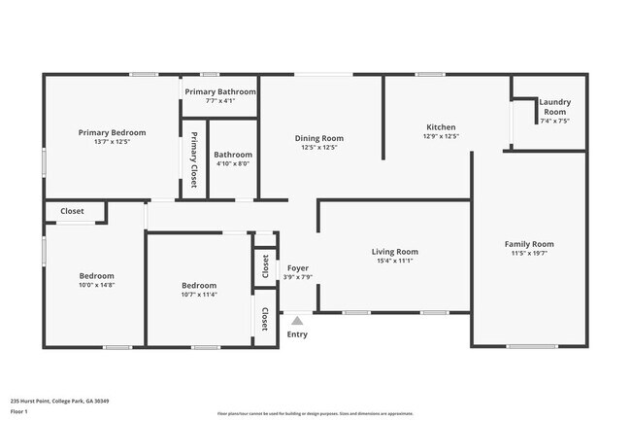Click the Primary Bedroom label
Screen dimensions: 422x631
(x=113, y=132)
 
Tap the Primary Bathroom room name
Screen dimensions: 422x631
(x=220, y=91)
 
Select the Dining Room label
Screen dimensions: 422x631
(x=319, y=138)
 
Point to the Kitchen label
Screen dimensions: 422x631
(x=441, y=127)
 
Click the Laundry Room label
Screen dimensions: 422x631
(x=554, y=107)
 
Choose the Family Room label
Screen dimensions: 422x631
(x=529, y=244)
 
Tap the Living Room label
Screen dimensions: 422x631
(x=394, y=251)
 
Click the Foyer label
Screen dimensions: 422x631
(x=297, y=267)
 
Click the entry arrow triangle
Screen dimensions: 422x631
(x=297, y=318)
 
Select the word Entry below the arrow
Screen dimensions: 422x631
(x=297, y=334)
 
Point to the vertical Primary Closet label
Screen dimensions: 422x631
(x=194, y=158)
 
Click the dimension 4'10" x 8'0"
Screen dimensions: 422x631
(x=233, y=163)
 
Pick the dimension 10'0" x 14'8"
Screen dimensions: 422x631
(x=97, y=285)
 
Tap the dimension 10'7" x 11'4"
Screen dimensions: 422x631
(x=199, y=295)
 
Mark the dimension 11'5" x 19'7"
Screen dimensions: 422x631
(x=529, y=254)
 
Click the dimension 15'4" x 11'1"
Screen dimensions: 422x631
(x=394, y=261)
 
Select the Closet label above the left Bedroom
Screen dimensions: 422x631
(x=73, y=211)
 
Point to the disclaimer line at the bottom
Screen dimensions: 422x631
(x=315, y=414)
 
